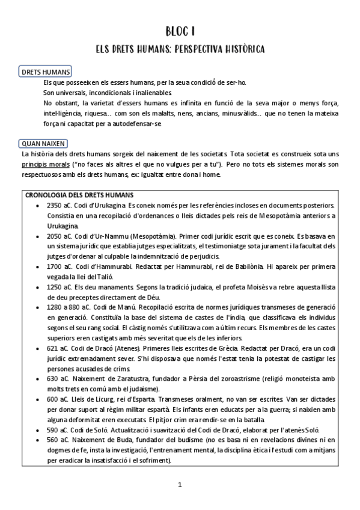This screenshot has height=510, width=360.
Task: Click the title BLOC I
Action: click(180, 31)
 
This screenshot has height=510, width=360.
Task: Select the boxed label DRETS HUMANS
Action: click(46, 72)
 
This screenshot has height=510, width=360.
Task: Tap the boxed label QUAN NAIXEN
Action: click(43, 144)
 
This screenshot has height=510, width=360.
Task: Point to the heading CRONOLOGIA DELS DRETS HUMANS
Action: click(79, 195)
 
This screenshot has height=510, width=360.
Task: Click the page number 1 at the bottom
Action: click(180, 484)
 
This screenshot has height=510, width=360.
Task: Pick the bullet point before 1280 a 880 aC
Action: click(38, 307)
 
